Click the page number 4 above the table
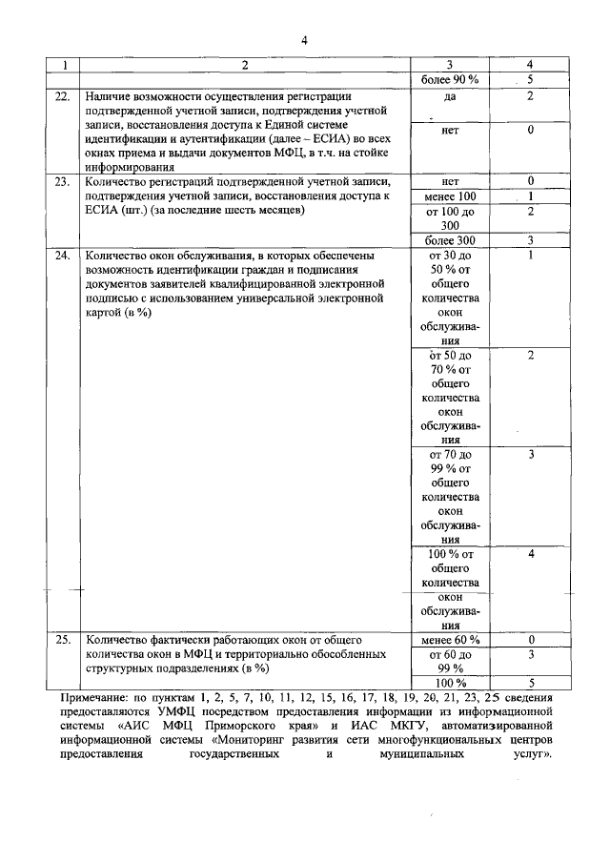point(304,40)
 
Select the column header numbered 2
point(244,65)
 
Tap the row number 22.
point(62,96)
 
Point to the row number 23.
point(62,180)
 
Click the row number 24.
point(62,256)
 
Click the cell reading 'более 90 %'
point(449,80)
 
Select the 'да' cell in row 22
point(449,96)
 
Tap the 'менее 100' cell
point(449,195)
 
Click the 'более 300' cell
point(449,239)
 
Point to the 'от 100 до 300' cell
point(449,217)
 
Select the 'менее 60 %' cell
point(449,639)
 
